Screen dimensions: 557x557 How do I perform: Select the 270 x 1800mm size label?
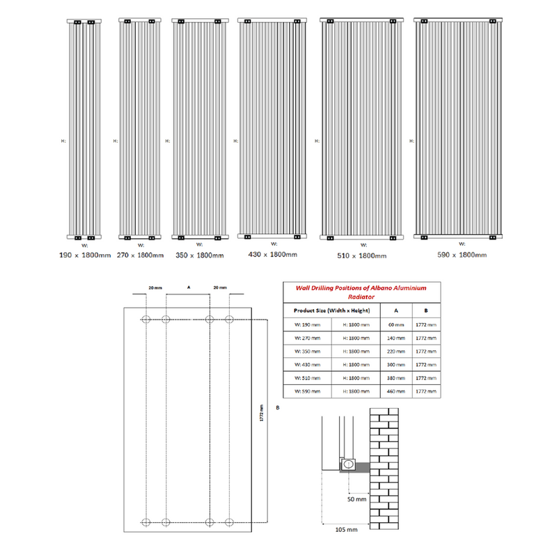pos(141,255)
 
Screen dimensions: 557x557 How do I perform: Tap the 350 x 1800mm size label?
pos(200,255)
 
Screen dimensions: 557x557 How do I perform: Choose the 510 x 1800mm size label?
pos(361,256)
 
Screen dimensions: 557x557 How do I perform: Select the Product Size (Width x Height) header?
pos(331,310)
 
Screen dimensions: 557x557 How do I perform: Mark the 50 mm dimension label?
pos(356,499)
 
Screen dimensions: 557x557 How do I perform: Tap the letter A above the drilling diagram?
pos(188,286)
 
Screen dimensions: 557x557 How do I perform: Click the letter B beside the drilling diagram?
pos(277,407)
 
